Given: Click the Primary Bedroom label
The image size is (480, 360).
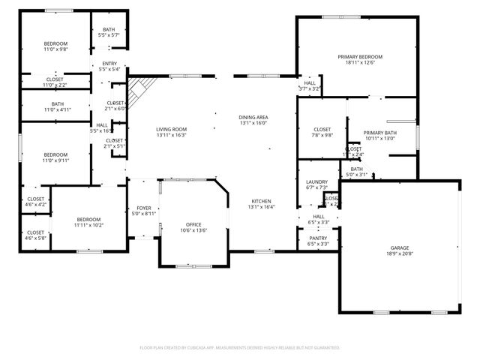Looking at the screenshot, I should click(360, 57).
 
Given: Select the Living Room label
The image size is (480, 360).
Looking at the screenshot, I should click(171, 129).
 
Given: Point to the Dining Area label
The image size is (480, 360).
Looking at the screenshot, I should click(253, 118).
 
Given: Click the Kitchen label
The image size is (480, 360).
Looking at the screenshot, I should click(262, 202).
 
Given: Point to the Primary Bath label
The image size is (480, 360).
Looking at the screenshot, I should click(379, 133).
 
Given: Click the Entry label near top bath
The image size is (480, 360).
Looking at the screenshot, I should click(109, 63).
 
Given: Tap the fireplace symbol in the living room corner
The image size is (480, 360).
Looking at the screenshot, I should click(138, 92).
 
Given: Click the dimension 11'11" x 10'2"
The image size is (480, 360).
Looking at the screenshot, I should click(88, 225).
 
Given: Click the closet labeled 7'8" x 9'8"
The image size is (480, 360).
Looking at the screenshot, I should click(322, 130).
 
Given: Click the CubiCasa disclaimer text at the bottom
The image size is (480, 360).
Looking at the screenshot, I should click(240, 348).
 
